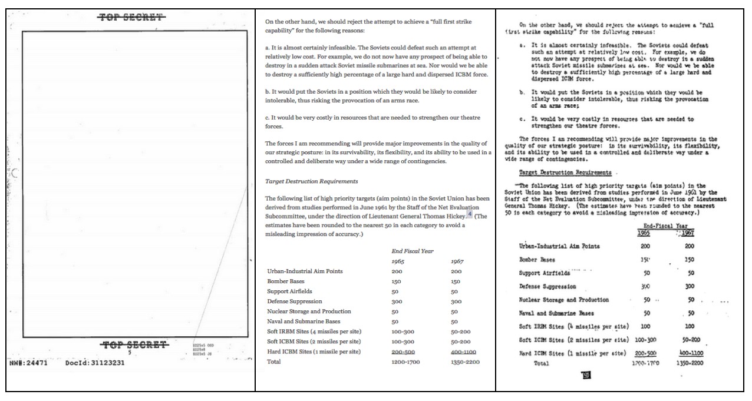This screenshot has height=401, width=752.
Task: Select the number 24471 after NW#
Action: point(35,363)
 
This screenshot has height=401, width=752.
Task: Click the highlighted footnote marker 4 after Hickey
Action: point(470,214)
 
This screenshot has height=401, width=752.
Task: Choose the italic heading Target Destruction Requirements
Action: point(312,181)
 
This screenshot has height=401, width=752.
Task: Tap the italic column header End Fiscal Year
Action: point(413,251)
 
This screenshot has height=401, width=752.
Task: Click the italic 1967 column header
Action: point(458,261)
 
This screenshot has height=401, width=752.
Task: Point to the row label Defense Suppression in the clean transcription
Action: point(298,301)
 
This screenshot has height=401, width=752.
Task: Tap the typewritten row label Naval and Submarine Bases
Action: point(556,313)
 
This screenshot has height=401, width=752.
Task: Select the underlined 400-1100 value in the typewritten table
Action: point(691,353)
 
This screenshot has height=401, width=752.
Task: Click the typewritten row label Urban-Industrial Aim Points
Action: point(559,247)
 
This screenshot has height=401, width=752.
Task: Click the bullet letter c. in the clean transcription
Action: point(268,118)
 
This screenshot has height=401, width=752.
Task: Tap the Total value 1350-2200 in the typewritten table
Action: point(691,364)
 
